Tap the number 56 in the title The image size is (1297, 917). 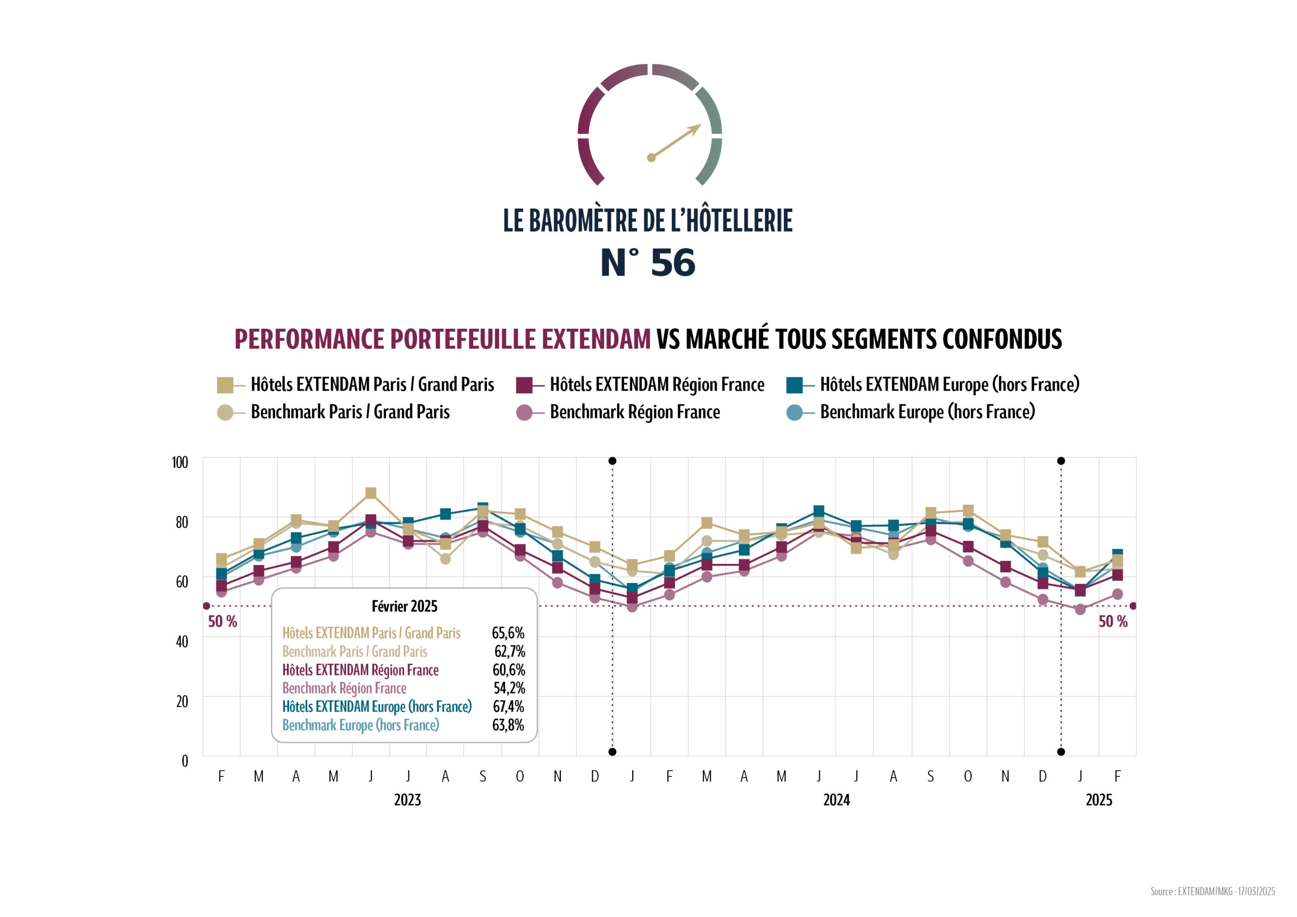click(x=673, y=263)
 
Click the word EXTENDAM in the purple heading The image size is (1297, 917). click(x=596, y=339)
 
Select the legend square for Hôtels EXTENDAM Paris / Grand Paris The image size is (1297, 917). click(x=225, y=386)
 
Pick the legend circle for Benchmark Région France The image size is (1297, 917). click(x=524, y=412)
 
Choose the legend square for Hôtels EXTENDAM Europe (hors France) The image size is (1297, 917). click(x=794, y=386)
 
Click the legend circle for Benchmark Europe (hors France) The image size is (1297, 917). click(x=794, y=412)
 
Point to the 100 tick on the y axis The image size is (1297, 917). click(x=180, y=462)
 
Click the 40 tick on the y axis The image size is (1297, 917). click(x=181, y=641)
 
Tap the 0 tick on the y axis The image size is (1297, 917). click(x=185, y=761)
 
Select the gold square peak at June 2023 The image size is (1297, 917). click(x=370, y=493)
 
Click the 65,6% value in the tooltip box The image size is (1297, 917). click(x=508, y=633)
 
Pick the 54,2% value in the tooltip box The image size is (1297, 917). click(x=509, y=688)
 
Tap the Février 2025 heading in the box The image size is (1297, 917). click(x=404, y=606)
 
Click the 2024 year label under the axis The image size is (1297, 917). click(x=836, y=800)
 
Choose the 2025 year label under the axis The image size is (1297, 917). click(x=1099, y=800)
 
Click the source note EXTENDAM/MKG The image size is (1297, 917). click(x=1212, y=892)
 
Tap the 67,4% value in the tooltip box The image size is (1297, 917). click(x=508, y=707)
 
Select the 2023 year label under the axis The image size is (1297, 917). click(x=407, y=800)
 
